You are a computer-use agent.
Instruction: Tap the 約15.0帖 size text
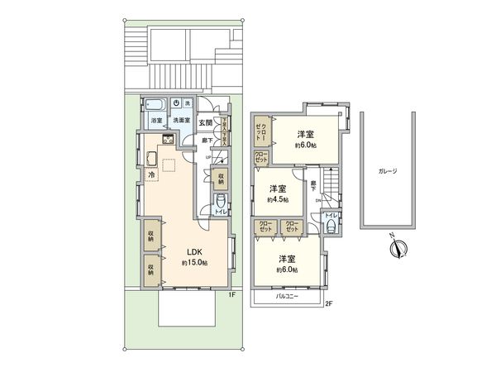(x=195, y=263)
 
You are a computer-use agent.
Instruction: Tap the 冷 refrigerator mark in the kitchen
(x=151, y=175)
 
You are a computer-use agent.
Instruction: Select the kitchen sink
(x=152, y=159)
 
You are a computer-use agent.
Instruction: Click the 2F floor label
(x=328, y=303)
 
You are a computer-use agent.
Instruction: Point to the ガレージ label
(x=388, y=172)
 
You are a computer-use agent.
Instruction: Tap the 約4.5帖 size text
(x=276, y=200)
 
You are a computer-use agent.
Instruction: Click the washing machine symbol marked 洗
(x=188, y=103)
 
